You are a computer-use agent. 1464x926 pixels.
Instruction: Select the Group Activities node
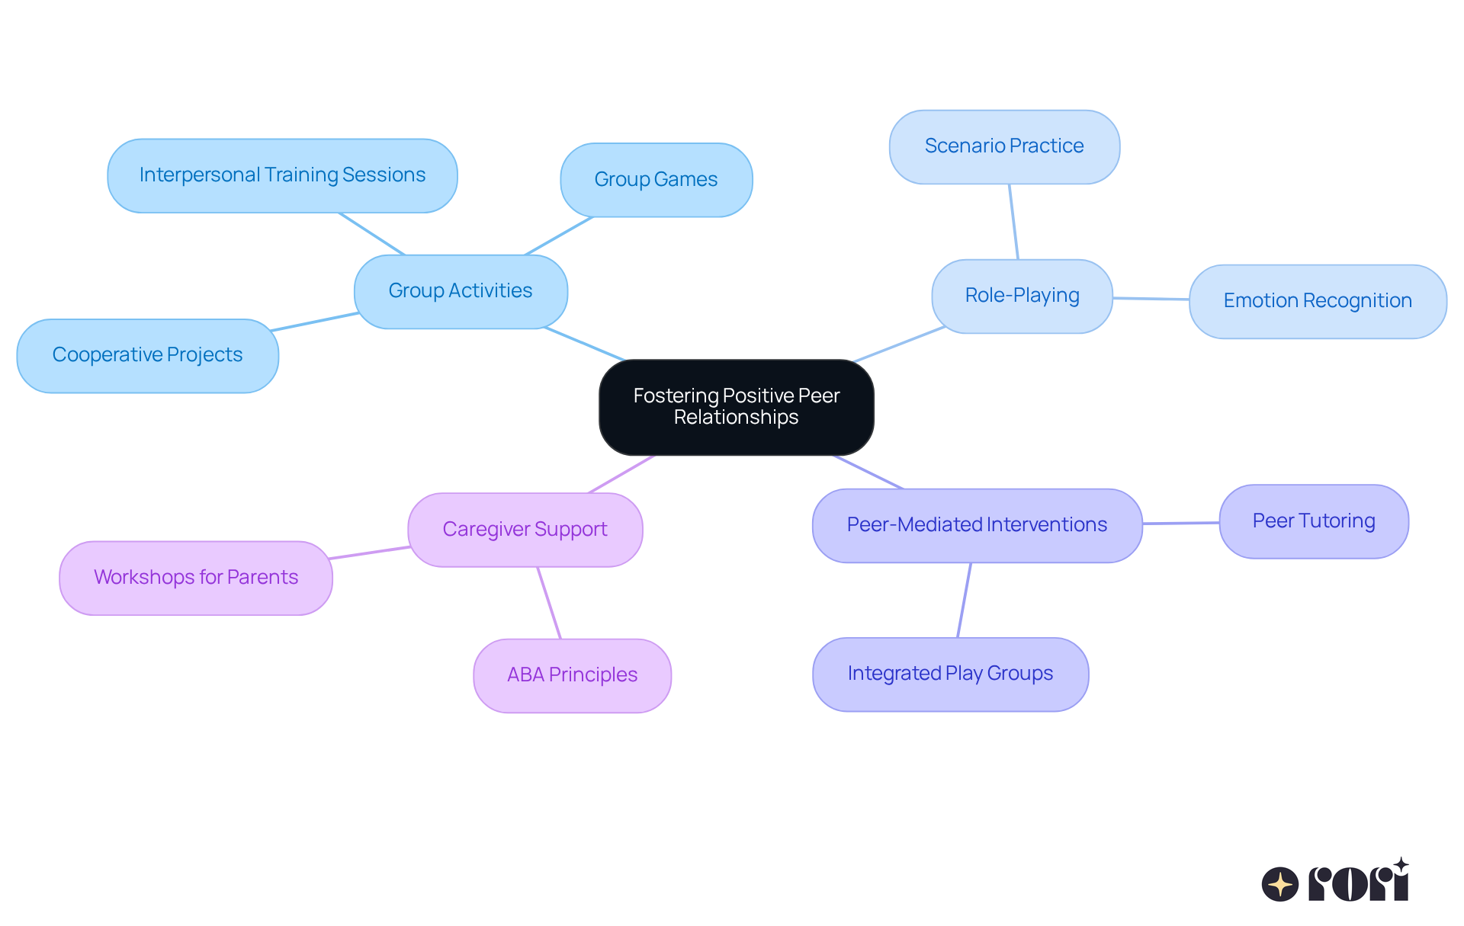click(x=461, y=291)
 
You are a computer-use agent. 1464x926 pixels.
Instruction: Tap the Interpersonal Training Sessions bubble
click(x=282, y=175)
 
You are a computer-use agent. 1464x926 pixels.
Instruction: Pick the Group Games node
click(x=656, y=180)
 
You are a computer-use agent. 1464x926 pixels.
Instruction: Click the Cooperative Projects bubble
click(x=147, y=355)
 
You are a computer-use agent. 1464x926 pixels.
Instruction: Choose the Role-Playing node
click(x=1022, y=296)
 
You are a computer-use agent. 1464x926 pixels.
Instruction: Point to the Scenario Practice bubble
click(x=1004, y=146)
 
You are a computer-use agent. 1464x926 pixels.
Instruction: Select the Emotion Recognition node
click(x=1317, y=301)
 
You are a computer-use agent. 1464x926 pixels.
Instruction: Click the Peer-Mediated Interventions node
click(x=977, y=525)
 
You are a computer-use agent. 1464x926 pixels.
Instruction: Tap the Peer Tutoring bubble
click(x=1313, y=521)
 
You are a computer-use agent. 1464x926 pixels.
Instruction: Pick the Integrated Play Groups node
click(x=950, y=674)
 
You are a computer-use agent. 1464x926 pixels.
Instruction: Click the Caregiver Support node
click(x=525, y=530)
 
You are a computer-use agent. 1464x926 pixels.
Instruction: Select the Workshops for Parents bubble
click(x=196, y=578)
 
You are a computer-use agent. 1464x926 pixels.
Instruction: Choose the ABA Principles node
click(x=572, y=675)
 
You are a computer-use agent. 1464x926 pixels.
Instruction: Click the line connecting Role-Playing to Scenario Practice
click(x=1013, y=221)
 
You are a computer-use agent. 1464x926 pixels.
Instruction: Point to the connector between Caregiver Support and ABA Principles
click(x=549, y=603)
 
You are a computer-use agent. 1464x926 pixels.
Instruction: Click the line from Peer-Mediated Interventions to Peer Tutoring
click(x=1180, y=523)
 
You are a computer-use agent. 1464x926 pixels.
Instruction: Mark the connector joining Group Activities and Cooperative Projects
click(x=314, y=322)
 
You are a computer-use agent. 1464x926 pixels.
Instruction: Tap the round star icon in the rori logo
click(x=1279, y=884)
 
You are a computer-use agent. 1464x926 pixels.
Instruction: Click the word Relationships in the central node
click(x=736, y=418)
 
